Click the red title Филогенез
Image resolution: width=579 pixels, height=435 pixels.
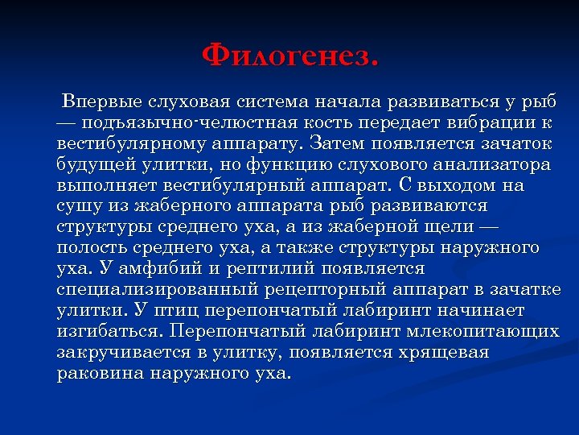[x=289, y=56]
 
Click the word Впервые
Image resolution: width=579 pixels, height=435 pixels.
[x=101, y=102]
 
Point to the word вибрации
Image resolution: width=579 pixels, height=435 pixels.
[x=485, y=123]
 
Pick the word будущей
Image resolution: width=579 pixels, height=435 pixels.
[x=97, y=165]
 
